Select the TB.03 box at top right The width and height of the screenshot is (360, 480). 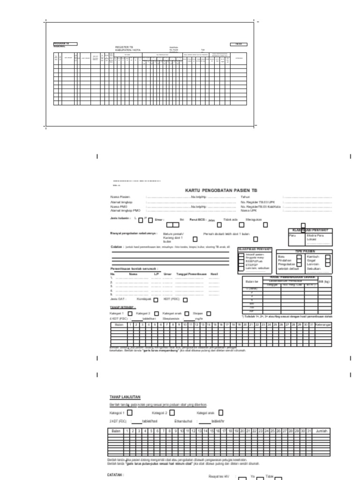(238, 44)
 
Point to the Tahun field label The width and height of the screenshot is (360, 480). (245, 197)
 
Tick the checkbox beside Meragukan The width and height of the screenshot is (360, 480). (266, 225)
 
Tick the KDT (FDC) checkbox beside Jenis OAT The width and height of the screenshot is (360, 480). (185, 300)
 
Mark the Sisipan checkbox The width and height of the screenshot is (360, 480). (209, 314)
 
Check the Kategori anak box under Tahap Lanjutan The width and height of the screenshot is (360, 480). (221, 412)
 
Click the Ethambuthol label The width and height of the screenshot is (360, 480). (184, 421)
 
